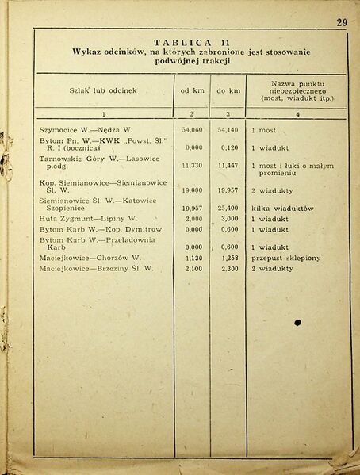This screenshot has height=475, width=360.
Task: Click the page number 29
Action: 340,22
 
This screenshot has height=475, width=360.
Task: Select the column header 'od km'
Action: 193,90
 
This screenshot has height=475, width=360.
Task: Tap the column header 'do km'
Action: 228,90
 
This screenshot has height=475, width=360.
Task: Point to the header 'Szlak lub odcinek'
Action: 102,90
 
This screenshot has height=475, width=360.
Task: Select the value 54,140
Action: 228,128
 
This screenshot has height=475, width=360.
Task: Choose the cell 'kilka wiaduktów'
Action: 283,208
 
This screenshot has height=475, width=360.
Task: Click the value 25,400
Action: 228,208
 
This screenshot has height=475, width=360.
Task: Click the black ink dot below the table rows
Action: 297,323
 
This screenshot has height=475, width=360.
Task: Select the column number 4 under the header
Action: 297,114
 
